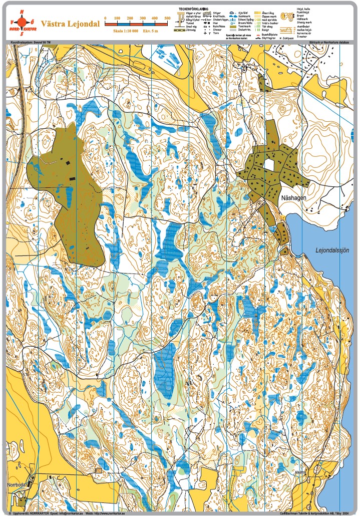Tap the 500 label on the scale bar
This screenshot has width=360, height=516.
pyautogui.click(x=167, y=18)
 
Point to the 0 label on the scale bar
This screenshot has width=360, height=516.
pyautogui.click(x=105, y=18)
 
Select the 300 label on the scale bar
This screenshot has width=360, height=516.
pyautogui.click(x=142, y=18)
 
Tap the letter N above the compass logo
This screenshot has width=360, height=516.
pyautogui.click(x=21, y=11)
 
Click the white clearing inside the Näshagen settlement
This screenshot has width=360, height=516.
pyautogui.click(x=270, y=164)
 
